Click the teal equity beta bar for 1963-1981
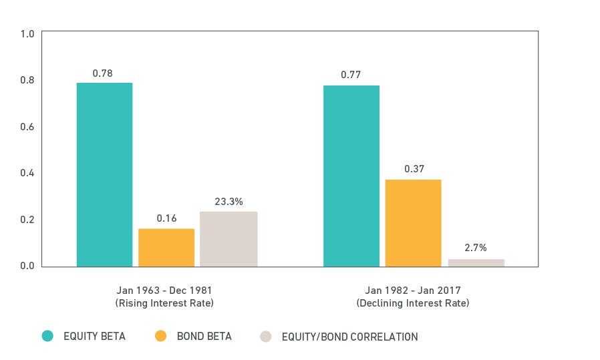click(x=104, y=174)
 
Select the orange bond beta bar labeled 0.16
click(x=166, y=248)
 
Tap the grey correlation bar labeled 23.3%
click(x=229, y=239)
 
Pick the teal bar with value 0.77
click(x=351, y=176)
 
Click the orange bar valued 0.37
click(x=414, y=223)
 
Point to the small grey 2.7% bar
click(x=476, y=263)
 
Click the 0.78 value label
click(x=102, y=73)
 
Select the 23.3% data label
click(x=229, y=202)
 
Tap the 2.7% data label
click(x=476, y=248)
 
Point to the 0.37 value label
click(x=414, y=169)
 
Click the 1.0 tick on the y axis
click(x=27, y=34)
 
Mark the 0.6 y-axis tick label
click(x=27, y=127)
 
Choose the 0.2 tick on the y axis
click(x=27, y=220)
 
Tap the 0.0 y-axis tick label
click(x=27, y=266)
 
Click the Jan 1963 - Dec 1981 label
click(x=164, y=291)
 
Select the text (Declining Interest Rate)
click(x=413, y=303)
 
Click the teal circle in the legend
click(x=47, y=336)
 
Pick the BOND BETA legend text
click(x=204, y=336)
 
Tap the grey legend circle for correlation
click(x=265, y=337)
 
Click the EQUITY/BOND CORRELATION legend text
click(x=349, y=337)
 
